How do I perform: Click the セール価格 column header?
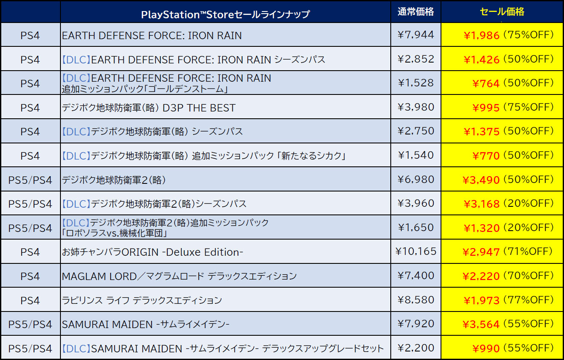tap(502, 12)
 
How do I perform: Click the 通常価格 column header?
tap(415, 12)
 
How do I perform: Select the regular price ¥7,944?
tap(415, 35)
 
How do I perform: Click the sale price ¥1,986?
tap(481, 35)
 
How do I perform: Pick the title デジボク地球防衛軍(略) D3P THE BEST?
tap(149, 108)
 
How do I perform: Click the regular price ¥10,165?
tap(415, 251)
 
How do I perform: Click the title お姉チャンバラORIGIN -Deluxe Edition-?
tap(152, 252)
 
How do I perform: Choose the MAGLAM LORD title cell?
tap(179, 276)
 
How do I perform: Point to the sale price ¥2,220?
tap(481, 277)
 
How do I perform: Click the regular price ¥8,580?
tap(415, 300)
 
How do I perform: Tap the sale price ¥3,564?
tap(481, 325)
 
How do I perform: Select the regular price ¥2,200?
tap(415, 348)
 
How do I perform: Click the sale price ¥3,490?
tap(481, 180)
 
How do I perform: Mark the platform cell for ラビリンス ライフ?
tap(30, 300)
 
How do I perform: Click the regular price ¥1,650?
tap(415, 228)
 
